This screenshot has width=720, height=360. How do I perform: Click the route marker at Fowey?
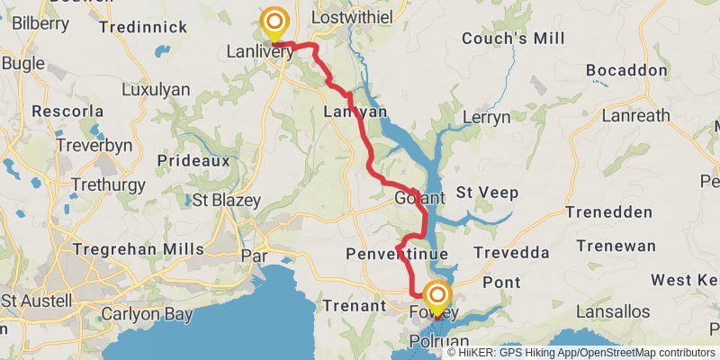pyautogui.click(x=437, y=298)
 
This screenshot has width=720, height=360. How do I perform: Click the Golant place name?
pyautogui.click(x=419, y=198)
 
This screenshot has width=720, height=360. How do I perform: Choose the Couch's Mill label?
pyautogui.click(x=513, y=39)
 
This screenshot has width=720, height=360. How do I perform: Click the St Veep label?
pyautogui.click(x=488, y=192)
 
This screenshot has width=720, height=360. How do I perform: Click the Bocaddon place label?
pyautogui.click(x=627, y=70)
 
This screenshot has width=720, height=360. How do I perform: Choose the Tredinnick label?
pyautogui.click(x=144, y=27)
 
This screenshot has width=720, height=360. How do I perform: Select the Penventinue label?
pyautogui.click(x=397, y=255)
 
